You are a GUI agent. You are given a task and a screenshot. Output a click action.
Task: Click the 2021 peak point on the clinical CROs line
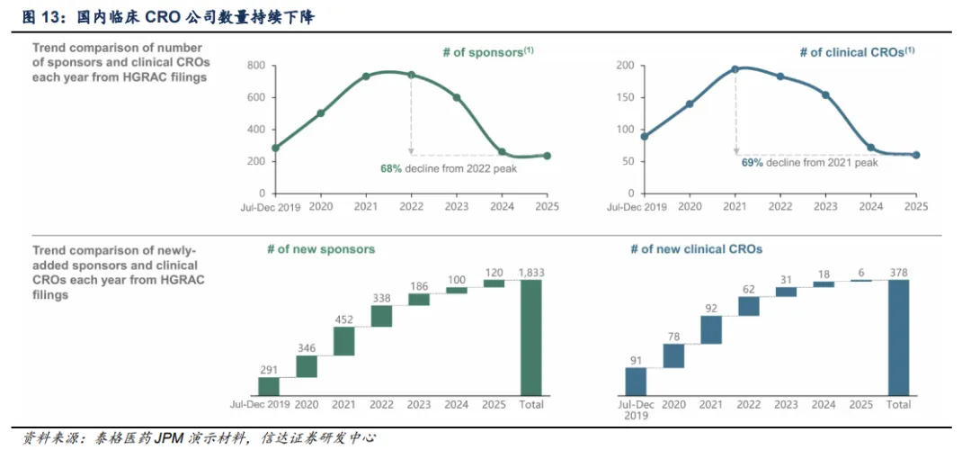(735, 68)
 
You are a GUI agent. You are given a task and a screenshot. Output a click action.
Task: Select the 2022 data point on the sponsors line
(411, 75)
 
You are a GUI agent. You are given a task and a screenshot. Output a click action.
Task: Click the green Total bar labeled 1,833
(531, 337)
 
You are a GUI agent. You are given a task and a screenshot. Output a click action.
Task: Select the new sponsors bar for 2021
(344, 340)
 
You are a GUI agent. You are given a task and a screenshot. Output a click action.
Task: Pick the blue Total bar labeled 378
(899, 337)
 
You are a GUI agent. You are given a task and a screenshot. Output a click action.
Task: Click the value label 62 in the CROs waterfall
(749, 289)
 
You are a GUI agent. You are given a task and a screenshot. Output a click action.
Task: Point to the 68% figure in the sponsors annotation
(391, 168)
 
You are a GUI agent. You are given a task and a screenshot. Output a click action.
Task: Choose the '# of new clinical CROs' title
(696, 248)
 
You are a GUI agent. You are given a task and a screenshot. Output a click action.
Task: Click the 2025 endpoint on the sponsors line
(547, 156)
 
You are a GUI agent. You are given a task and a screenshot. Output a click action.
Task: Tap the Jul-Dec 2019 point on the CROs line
(645, 137)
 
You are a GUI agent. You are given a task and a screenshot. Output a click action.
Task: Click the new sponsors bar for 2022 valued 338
(381, 316)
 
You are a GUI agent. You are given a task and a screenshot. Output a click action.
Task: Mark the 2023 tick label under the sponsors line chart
(456, 206)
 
